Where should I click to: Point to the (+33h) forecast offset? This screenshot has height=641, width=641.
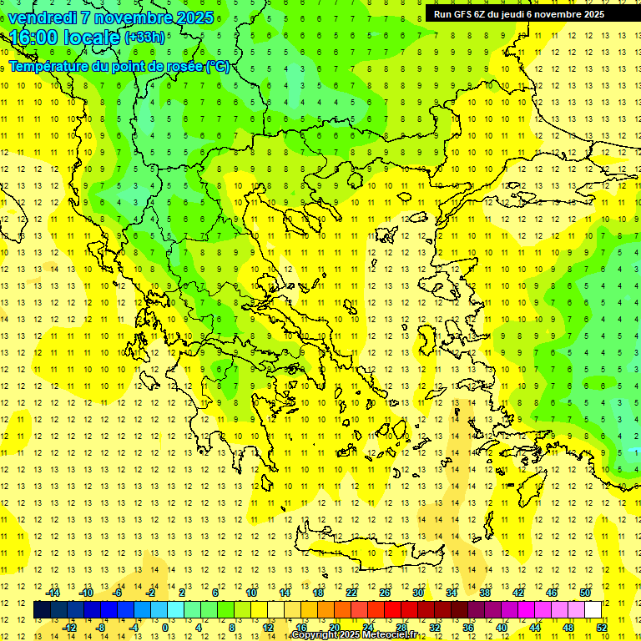(144, 38)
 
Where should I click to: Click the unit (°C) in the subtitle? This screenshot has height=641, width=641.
(218, 66)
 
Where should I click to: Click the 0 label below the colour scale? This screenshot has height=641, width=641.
(165, 628)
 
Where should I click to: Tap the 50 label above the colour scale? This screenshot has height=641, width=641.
(584, 592)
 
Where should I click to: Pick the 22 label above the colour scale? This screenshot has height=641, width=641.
(351, 592)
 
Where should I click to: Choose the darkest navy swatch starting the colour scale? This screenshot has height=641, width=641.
(42, 609)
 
